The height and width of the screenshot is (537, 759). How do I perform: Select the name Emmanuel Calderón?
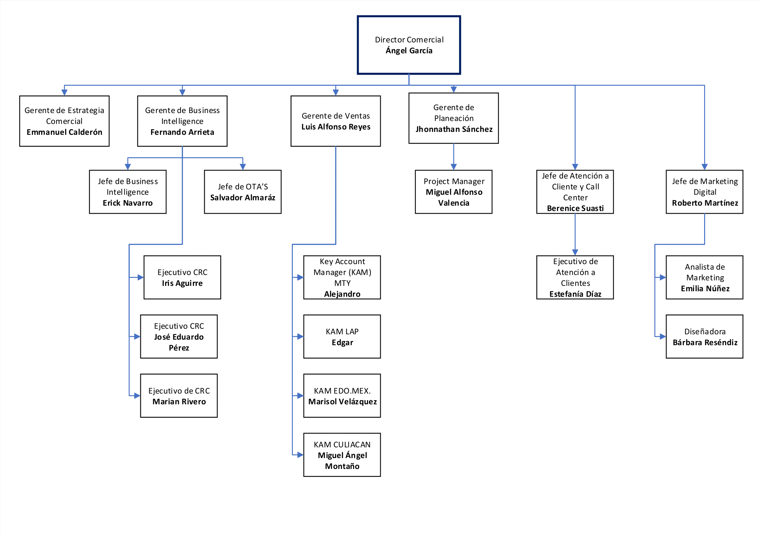[x=65, y=132]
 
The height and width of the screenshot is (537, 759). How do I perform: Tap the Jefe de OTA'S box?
[x=243, y=192]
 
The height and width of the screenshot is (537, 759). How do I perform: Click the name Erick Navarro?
[x=128, y=203]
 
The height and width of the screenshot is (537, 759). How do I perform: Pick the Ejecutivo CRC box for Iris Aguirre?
[x=182, y=277]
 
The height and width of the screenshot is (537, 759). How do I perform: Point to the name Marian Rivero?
[x=179, y=401]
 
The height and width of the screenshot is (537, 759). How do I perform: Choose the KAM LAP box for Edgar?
[x=342, y=337]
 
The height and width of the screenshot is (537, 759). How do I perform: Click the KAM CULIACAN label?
[x=342, y=444]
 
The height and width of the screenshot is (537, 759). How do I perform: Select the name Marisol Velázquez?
[x=342, y=401]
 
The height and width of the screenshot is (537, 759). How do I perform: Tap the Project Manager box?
[x=454, y=192]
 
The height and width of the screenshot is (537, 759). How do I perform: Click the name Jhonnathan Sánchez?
[x=454, y=129]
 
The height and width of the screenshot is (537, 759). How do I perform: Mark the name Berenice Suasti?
[x=575, y=208]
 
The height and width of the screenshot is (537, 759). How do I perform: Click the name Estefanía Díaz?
[x=575, y=294]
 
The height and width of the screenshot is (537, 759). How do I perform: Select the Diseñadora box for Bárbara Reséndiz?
[x=704, y=337]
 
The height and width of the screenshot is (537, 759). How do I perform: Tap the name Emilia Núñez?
[x=705, y=288]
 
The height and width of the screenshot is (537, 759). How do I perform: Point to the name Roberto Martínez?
[x=705, y=203]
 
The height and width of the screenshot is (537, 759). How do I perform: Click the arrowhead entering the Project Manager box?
[x=454, y=167]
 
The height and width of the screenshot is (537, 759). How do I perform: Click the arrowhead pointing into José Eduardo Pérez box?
[x=137, y=337]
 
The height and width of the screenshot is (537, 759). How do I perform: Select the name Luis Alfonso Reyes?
[x=336, y=127]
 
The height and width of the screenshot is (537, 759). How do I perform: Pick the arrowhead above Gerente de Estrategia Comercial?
[x=65, y=92]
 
